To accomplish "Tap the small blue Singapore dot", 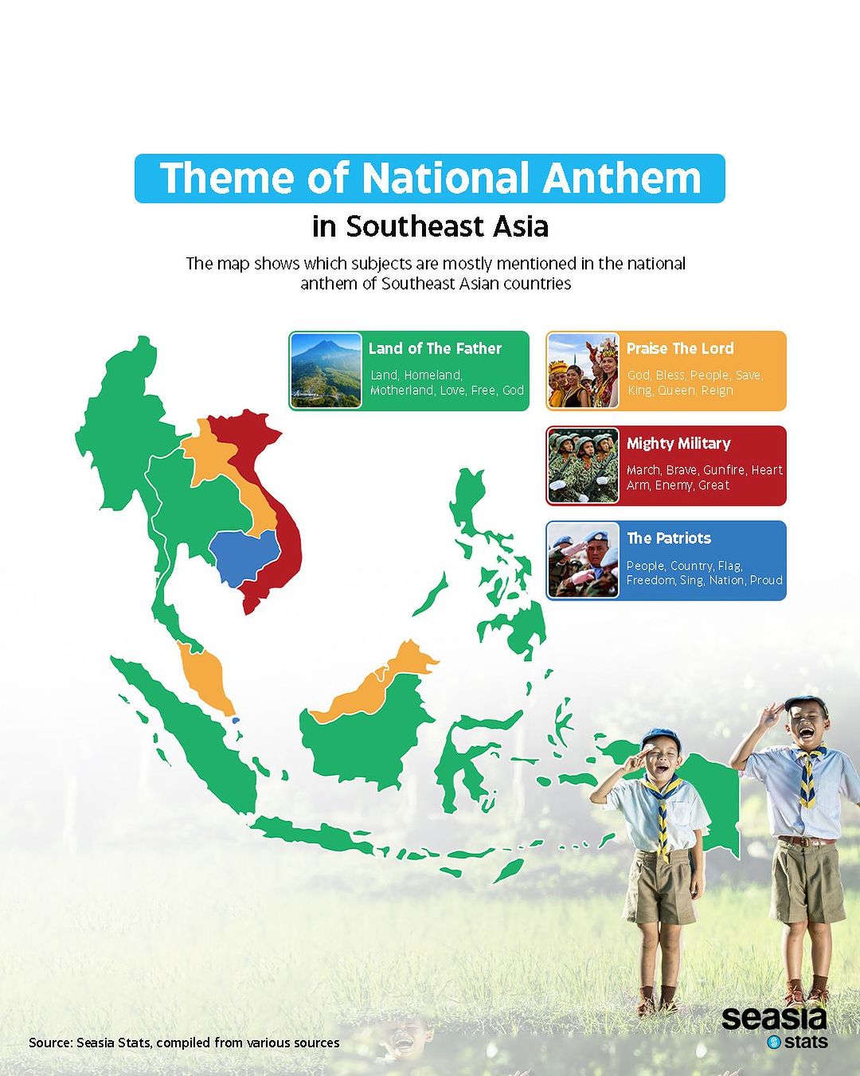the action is pyautogui.click(x=236, y=720).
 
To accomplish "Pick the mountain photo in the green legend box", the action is pyautogui.click(x=326, y=370).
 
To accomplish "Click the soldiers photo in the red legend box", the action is pyautogui.click(x=583, y=465).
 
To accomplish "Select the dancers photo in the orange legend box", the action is pyautogui.click(x=583, y=370).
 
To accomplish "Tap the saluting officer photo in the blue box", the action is pyautogui.click(x=583, y=560).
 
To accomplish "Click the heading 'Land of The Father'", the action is pyautogui.click(x=435, y=349).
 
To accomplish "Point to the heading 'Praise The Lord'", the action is pyautogui.click(x=680, y=349).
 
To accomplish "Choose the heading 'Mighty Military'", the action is pyautogui.click(x=678, y=444).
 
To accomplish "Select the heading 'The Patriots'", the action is pyautogui.click(x=669, y=538).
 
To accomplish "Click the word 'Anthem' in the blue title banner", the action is pyautogui.click(x=622, y=178).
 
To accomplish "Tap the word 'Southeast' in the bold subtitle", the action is pyautogui.click(x=415, y=226).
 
